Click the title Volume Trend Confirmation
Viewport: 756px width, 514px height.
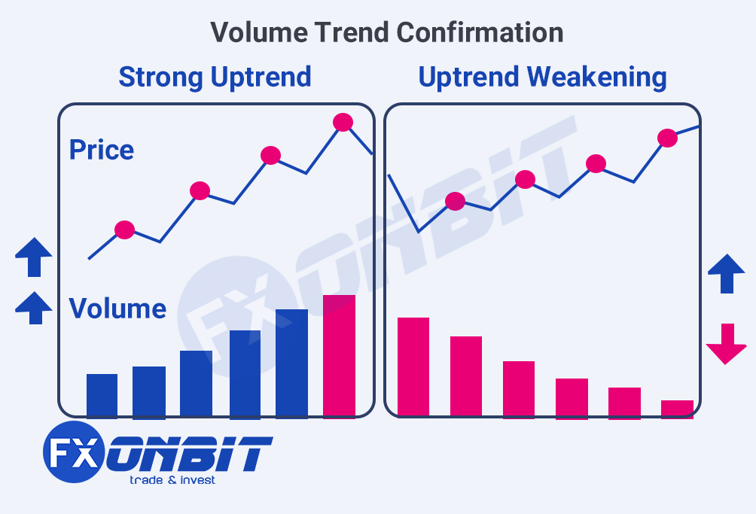click(x=386, y=32)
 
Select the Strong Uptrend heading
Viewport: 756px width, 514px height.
click(x=215, y=77)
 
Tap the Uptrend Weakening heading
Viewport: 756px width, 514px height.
click(x=542, y=77)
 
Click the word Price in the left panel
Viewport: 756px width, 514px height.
click(x=101, y=150)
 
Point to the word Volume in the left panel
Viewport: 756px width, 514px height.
click(x=117, y=309)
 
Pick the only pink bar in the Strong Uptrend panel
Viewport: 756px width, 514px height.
click(x=339, y=355)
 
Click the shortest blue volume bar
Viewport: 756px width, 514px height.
click(x=102, y=395)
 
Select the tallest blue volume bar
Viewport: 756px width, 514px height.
click(x=291, y=363)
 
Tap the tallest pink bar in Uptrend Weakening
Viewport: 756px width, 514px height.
click(x=413, y=366)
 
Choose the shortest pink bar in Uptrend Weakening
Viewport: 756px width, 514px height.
click(x=677, y=408)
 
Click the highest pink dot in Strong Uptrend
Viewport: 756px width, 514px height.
click(x=343, y=122)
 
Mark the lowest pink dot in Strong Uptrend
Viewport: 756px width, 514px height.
click(x=124, y=230)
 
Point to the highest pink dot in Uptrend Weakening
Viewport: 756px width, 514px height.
click(x=667, y=138)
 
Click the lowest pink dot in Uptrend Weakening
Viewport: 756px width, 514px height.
click(x=455, y=201)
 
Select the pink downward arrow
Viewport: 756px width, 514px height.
click(x=726, y=344)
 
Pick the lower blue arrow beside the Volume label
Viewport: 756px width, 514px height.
click(x=34, y=308)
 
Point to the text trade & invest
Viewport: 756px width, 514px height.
click(x=172, y=479)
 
